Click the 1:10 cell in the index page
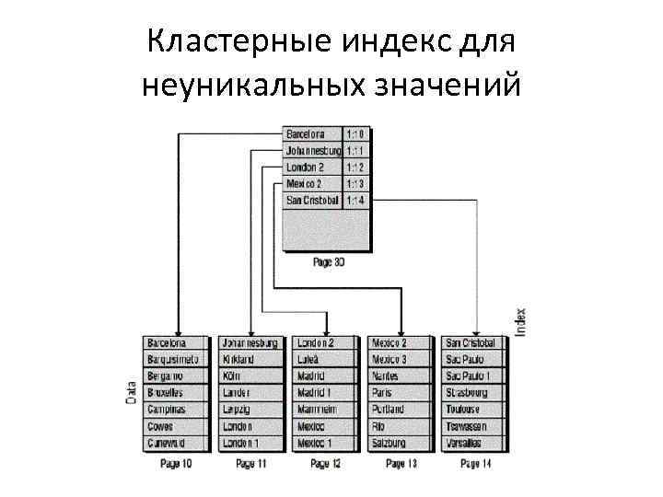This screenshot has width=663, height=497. [355, 133]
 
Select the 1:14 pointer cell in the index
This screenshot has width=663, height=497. [355, 200]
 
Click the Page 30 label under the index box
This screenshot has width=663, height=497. [328, 261]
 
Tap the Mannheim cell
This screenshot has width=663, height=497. [326, 410]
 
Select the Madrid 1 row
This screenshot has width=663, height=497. [326, 393]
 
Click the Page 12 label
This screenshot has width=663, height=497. [326, 464]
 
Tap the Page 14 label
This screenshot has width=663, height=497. [476, 464]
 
